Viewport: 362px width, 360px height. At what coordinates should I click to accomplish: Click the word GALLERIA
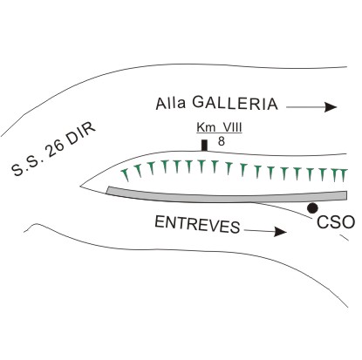pos(235,103)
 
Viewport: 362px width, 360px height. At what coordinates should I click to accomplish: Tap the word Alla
pos(171,103)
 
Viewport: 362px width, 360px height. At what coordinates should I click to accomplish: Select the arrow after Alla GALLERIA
pos(311,107)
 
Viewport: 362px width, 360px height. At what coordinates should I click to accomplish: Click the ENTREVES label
pos(197,224)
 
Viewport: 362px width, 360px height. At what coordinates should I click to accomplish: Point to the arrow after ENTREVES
pos(265,231)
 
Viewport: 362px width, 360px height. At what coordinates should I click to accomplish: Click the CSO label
pos(336,222)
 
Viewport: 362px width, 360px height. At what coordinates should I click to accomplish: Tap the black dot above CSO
pos(312,207)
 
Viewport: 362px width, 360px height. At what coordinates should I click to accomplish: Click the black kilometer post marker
pos(204,146)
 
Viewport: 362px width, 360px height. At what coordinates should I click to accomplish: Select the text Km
pos(205,127)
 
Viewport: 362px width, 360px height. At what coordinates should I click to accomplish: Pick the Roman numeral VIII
pos(230,127)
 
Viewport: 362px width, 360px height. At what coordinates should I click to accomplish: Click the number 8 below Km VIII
pos(222,141)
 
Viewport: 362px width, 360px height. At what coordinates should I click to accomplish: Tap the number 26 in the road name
pos(54,148)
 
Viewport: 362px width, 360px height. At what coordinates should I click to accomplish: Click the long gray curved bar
pos(227,196)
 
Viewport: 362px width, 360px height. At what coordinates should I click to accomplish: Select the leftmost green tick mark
pos(126,174)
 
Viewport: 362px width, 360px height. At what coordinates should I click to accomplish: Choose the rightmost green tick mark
pos(344,175)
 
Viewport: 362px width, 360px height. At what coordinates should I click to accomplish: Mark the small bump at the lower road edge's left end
pos(34,225)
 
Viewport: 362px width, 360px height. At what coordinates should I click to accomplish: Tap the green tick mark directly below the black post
pos(201,166)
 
